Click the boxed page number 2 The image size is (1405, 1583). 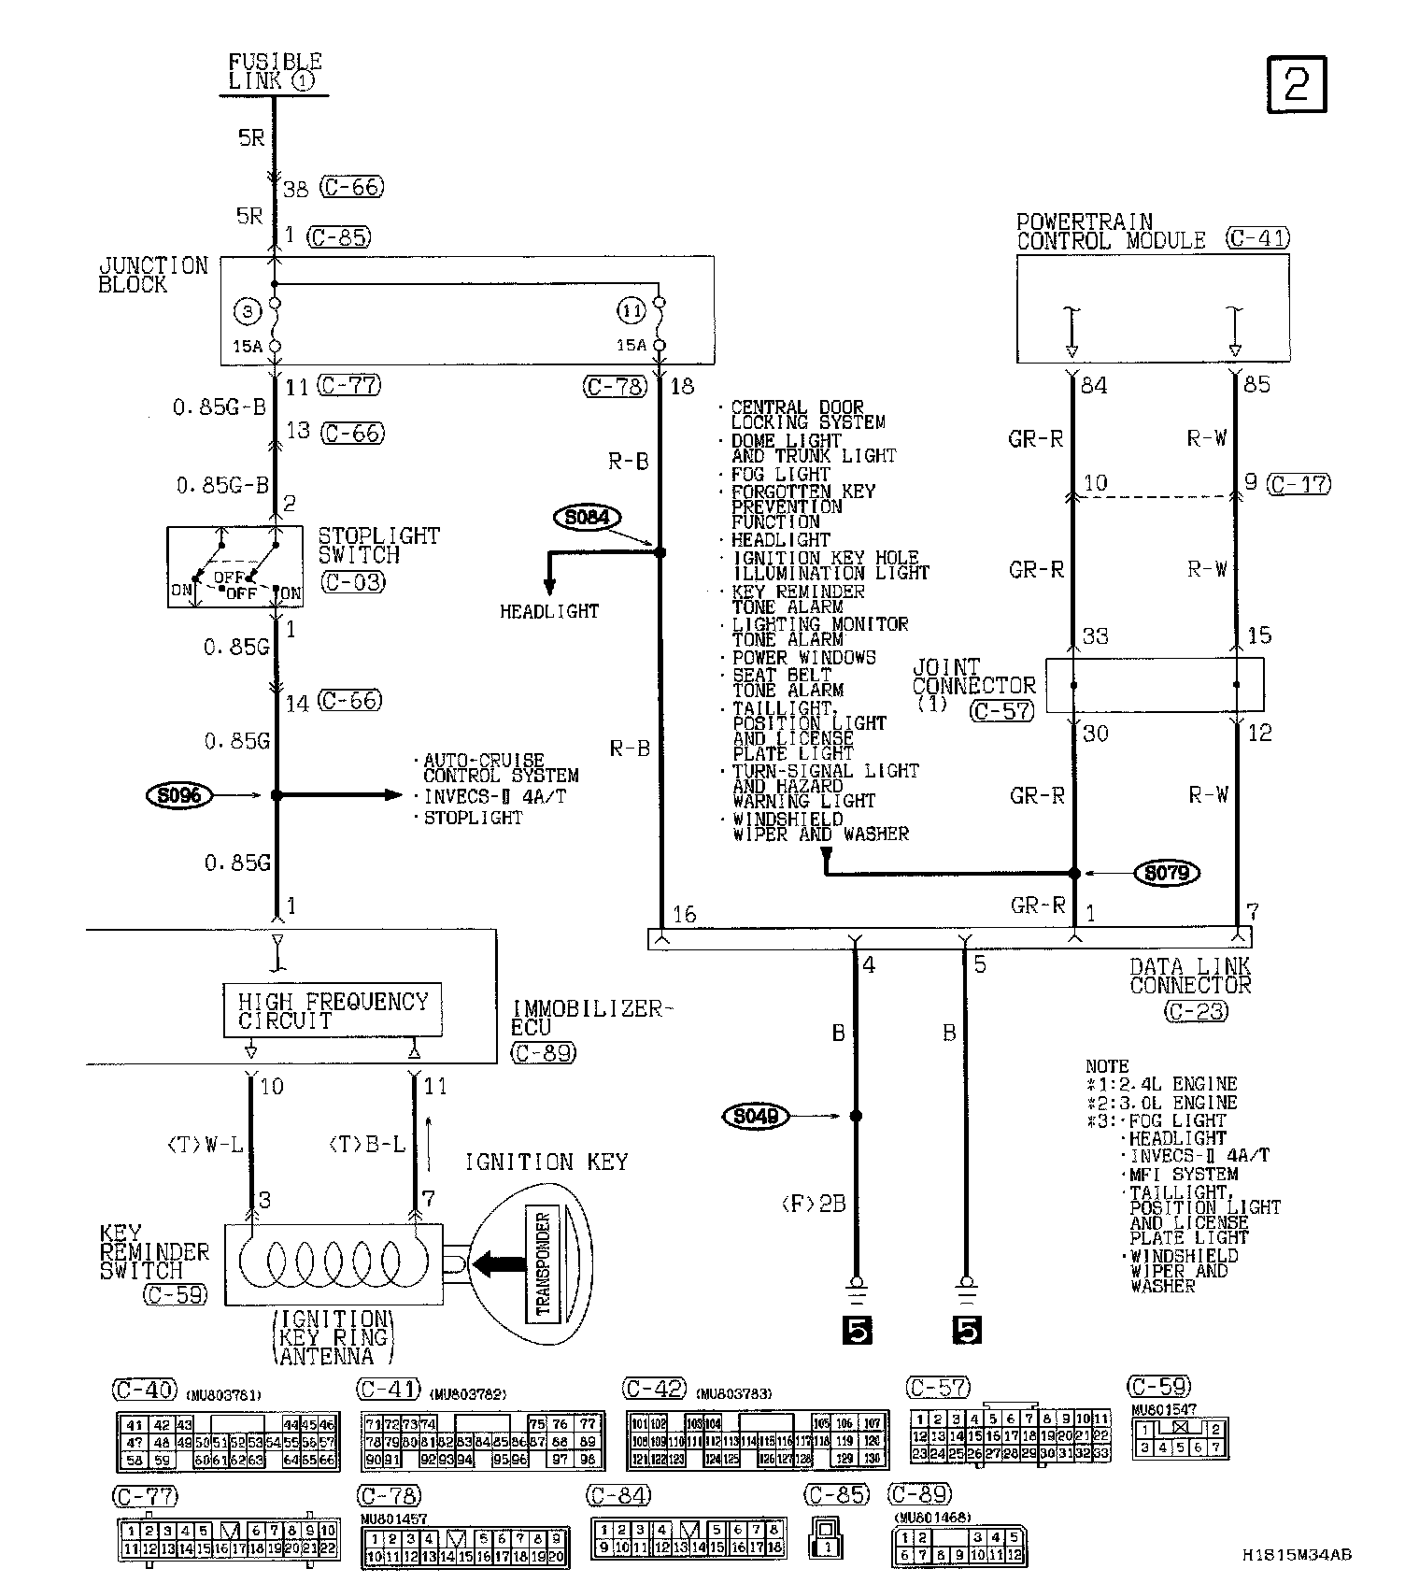(1297, 85)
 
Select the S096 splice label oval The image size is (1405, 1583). (180, 796)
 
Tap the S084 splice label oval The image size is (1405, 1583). (588, 518)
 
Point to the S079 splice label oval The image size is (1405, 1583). (1166, 874)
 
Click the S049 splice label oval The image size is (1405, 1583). (755, 1116)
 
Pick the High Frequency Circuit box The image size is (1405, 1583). (333, 1010)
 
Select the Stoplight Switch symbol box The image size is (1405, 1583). (235, 567)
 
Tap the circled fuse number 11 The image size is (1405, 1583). (632, 310)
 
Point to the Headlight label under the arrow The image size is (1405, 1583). (549, 612)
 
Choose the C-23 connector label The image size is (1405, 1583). (1195, 1011)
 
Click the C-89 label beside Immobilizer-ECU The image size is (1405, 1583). (544, 1053)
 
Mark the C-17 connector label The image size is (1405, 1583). (1300, 484)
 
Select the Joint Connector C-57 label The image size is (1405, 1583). (1002, 711)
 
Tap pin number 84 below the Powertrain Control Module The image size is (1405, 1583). (1094, 385)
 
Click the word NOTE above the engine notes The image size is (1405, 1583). (1108, 1066)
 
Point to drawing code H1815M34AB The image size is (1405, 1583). (1297, 1555)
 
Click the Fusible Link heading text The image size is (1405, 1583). (275, 71)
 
